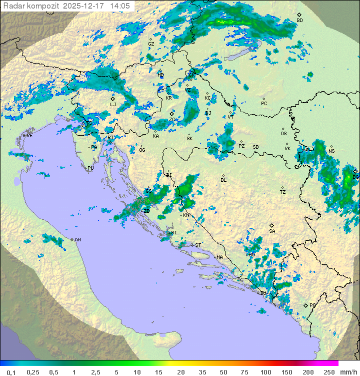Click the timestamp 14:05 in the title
point(120,6)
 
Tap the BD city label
point(299,21)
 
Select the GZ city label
point(151,44)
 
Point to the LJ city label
point(113,104)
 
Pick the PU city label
point(90,168)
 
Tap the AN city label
point(77,240)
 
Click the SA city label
point(272,231)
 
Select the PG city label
point(312,305)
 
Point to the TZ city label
point(283,192)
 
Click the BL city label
point(223,180)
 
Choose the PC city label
point(264,104)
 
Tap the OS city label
point(283,134)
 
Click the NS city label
point(331,151)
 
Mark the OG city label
point(142,150)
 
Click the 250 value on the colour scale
point(328,372)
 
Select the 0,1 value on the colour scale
point(11,372)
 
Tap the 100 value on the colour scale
point(265,372)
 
